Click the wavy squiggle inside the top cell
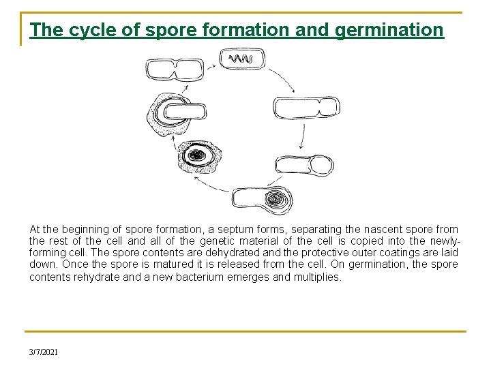(x=241, y=59)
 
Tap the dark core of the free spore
(x=198, y=155)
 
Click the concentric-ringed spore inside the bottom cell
(x=277, y=200)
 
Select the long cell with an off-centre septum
(x=306, y=108)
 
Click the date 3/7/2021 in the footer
(x=44, y=352)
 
